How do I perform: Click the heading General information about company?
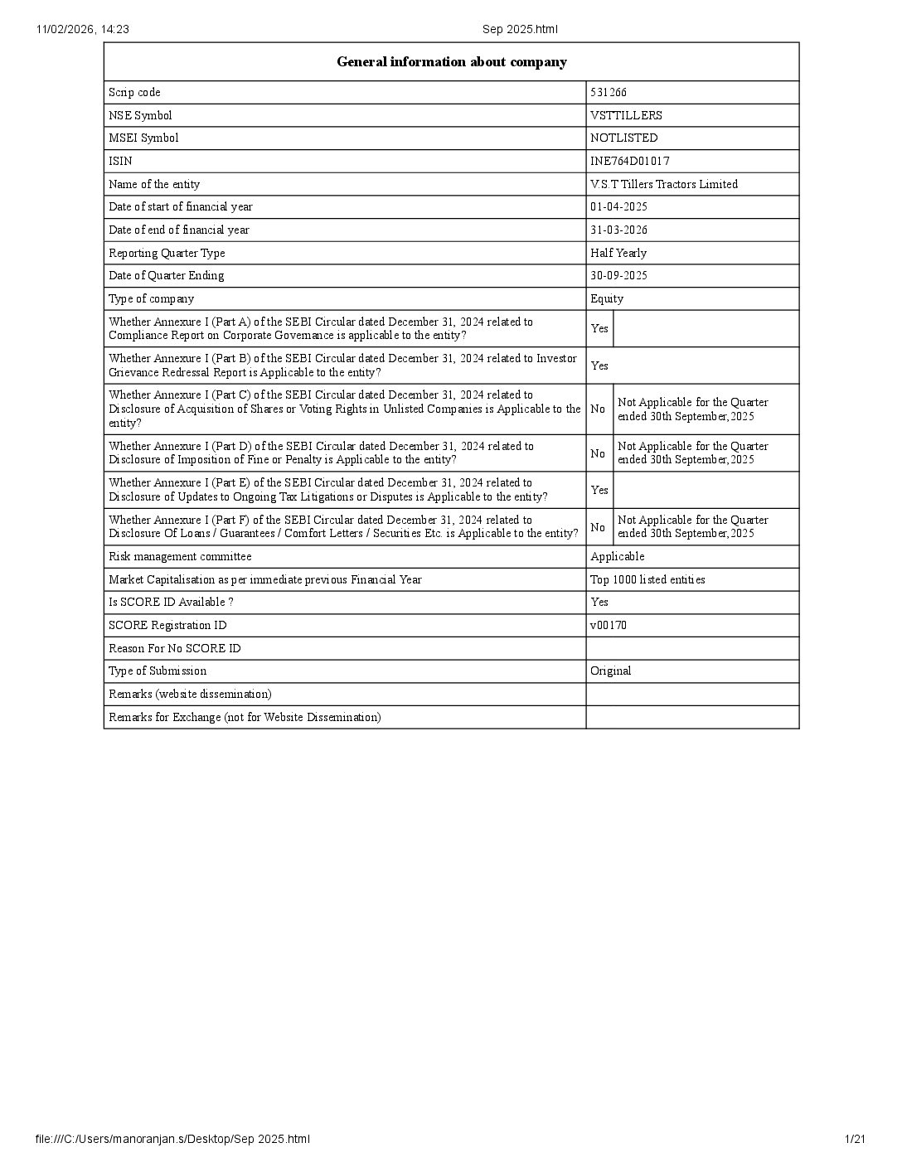(x=451, y=62)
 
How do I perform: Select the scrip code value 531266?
(x=609, y=92)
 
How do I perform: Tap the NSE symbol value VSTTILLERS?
(x=626, y=115)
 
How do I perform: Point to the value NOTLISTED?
(x=623, y=138)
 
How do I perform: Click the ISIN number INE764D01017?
(x=629, y=161)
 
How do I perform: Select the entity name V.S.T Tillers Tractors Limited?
(x=663, y=184)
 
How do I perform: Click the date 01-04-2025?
(x=618, y=206)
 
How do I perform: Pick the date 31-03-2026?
(x=618, y=230)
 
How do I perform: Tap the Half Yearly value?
(x=618, y=253)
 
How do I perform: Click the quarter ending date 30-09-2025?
(x=618, y=275)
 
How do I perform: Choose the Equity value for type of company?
(x=607, y=298)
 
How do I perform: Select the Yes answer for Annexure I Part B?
(x=599, y=366)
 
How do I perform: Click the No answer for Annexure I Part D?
(x=598, y=453)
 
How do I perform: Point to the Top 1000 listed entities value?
(x=647, y=579)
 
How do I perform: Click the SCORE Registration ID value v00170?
(x=609, y=625)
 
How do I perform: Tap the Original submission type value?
(x=610, y=671)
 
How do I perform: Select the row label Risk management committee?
(x=180, y=556)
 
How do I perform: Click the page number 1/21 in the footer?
(x=855, y=1140)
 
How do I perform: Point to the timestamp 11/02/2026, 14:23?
(x=82, y=30)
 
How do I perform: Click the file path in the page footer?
(x=173, y=1140)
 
